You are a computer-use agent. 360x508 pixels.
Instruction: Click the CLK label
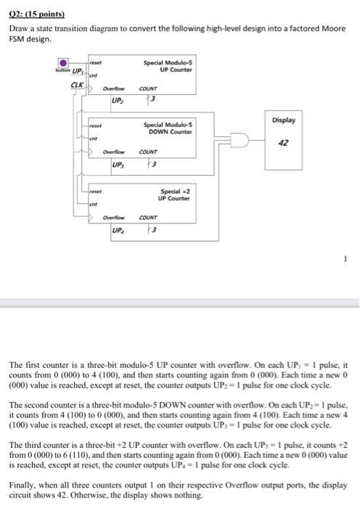coord(75,86)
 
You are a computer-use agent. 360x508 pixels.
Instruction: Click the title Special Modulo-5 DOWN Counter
coord(168,130)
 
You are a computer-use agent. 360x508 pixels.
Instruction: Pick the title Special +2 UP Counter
coord(174,194)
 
